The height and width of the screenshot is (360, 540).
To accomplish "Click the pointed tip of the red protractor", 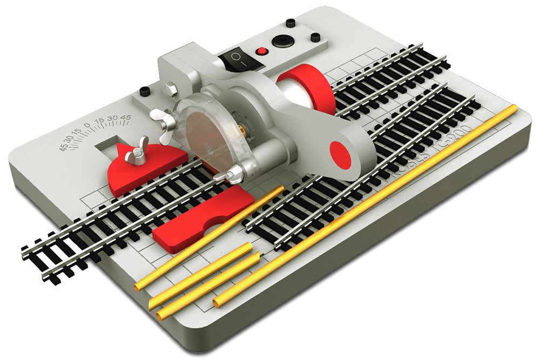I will point(119,147).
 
